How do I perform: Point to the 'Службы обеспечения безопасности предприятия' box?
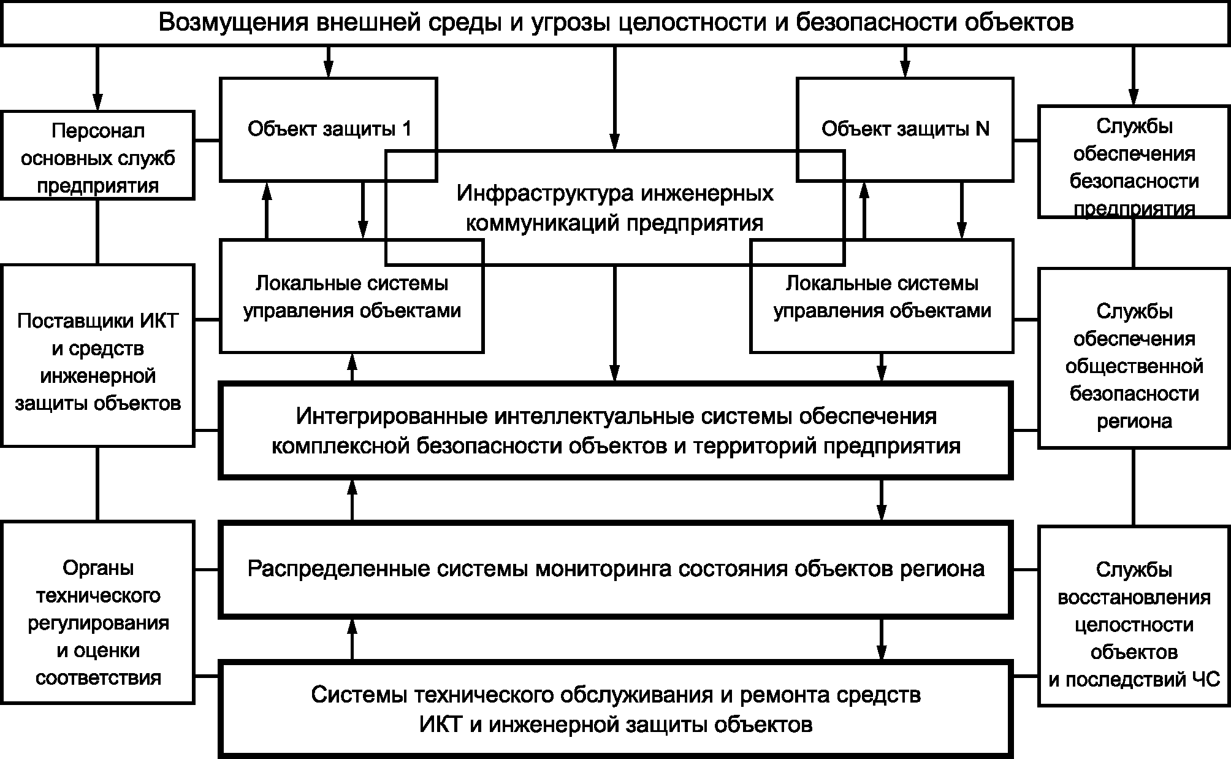(x=1134, y=163)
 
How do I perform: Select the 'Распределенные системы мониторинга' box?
(x=615, y=568)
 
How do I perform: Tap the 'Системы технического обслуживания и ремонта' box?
(x=615, y=709)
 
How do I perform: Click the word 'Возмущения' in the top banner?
(x=232, y=23)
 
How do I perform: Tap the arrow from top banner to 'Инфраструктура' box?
(x=615, y=98)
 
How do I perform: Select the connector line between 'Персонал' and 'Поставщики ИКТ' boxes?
(x=97, y=232)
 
